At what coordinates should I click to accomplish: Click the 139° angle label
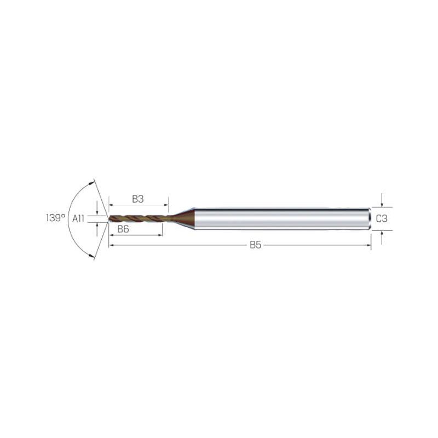[x=56, y=218]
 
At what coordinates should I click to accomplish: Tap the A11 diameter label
[x=78, y=218]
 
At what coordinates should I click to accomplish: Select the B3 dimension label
[x=138, y=199]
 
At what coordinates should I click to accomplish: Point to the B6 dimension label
[x=123, y=229]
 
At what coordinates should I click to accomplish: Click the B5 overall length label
[x=255, y=245]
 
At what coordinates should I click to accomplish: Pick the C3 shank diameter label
[x=382, y=218]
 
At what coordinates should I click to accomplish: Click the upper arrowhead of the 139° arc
[x=91, y=183]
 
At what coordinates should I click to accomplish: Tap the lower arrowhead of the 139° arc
[x=91, y=255]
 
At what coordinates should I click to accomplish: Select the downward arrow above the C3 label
[x=382, y=200]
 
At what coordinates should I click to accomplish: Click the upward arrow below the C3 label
[x=382, y=238]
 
